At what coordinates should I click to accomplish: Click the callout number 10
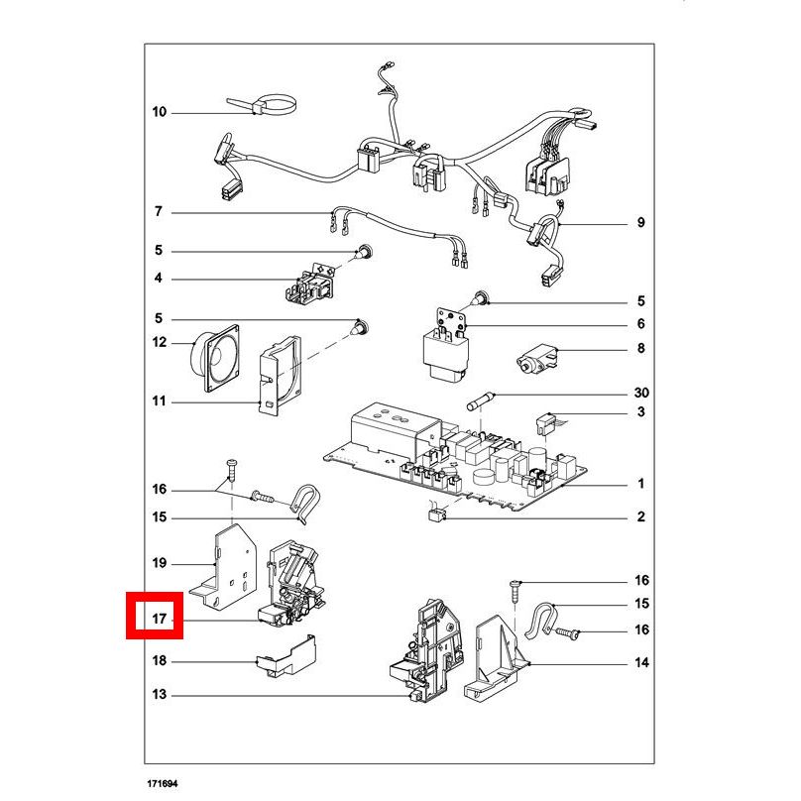coord(160,112)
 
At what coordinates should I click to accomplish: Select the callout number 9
coord(640,223)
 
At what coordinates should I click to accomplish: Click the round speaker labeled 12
coord(215,358)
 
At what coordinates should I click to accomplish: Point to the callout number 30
coord(641,393)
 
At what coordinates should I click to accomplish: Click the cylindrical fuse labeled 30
coord(481,401)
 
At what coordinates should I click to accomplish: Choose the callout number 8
coord(640,348)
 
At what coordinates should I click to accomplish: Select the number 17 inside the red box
coord(160,620)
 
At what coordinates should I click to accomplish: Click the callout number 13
coord(160,694)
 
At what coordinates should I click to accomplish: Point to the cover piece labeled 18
coord(286,656)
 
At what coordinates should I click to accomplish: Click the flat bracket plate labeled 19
coord(223,568)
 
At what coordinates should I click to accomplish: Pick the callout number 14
coord(641,662)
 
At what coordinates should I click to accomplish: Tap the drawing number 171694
coord(163,783)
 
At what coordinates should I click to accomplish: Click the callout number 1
coord(640,483)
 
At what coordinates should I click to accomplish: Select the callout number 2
coord(640,516)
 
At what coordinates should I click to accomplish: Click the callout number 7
coord(159,211)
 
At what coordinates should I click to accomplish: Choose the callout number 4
coord(159,278)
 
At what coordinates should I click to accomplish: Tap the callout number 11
coord(160,401)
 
